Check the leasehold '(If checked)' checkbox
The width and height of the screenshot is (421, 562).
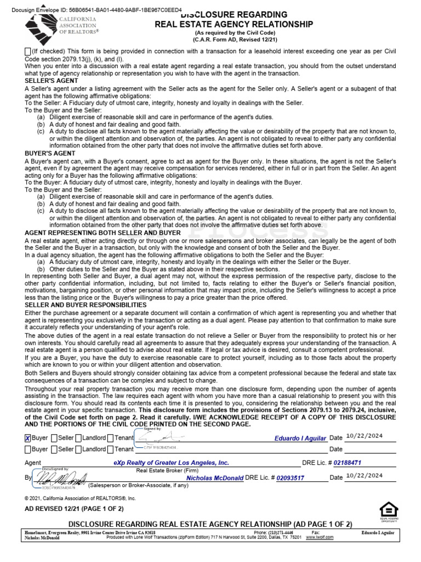coord(28,52)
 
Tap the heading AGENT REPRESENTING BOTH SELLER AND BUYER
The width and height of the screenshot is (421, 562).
coord(103,233)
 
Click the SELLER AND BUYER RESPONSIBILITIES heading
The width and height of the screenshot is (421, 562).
coord(86,305)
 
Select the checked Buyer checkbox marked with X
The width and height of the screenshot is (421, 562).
coord(28,438)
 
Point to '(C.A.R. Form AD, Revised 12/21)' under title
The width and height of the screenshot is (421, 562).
coord(234,38)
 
